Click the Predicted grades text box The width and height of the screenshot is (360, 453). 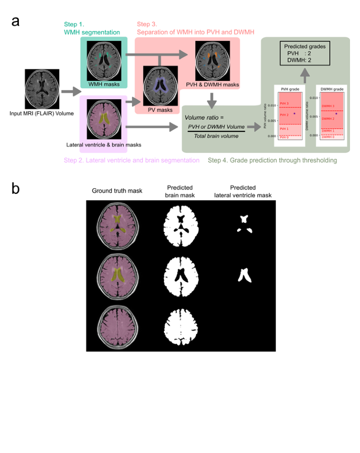coord(306,53)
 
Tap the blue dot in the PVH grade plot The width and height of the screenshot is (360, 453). coord(295,114)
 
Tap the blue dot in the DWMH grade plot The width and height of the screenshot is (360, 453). coord(336,114)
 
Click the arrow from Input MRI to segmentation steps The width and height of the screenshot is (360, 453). coord(69,92)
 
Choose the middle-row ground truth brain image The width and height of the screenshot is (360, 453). coord(117,275)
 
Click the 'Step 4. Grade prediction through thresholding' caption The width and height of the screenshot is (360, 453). coord(272,160)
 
